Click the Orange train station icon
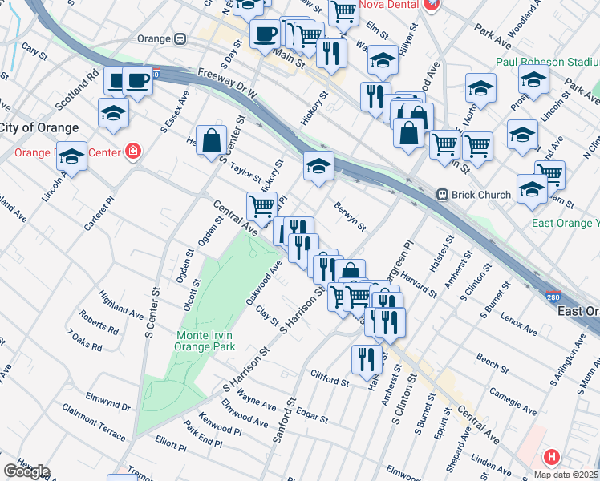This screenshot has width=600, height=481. (x=180, y=38)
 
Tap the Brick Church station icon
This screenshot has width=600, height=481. (x=441, y=195)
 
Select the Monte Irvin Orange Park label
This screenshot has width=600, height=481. (x=207, y=341)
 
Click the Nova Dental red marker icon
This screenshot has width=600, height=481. (x=432, y=4)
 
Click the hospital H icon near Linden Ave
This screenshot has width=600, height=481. (x=551, y=458)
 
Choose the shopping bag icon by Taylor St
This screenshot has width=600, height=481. (x=211, y=141)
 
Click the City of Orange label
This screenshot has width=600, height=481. (x=39, y=127)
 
